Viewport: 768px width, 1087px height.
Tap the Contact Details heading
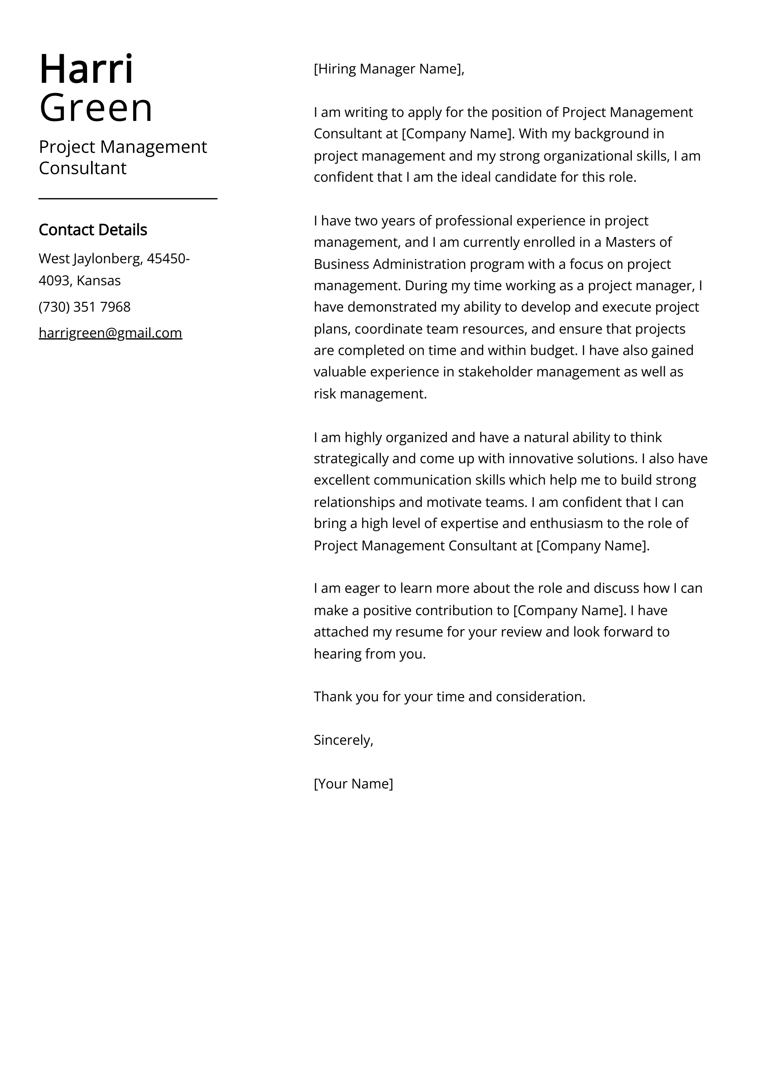tap(93, 230)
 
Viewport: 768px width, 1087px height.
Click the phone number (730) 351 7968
tap(84, 307)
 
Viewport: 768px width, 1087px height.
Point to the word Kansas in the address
tap(99, 281)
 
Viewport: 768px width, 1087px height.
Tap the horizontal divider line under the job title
tap(128, 199)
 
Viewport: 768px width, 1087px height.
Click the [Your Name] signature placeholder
tap(353, 783)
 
